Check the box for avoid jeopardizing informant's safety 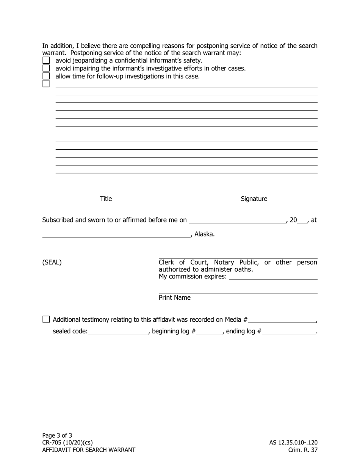click(x=46, y=60)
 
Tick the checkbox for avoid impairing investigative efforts click(x=46, y=68)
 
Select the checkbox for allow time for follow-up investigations click(x=46, y=76)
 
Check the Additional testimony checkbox click(x=46, y=319)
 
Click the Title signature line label click(x=106, y=199)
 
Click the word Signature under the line click(x=254, y=199)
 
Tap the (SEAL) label click(x=52, y=262)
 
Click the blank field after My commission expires click(x=273, y=277)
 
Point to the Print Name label click(x=175, y=298)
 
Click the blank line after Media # click(x=282, y=320)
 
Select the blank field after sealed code click(x=118, y=332)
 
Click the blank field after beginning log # click(x=210, y=332)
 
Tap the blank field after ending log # click(x=289, y=332)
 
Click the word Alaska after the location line click(x=204, y=234)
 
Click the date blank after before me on click(x=238, y=220)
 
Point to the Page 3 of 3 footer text click(x=57, y=435)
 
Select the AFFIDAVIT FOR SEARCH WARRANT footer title click(x=89, y=450)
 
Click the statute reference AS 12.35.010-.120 click(x=293, y=443)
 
